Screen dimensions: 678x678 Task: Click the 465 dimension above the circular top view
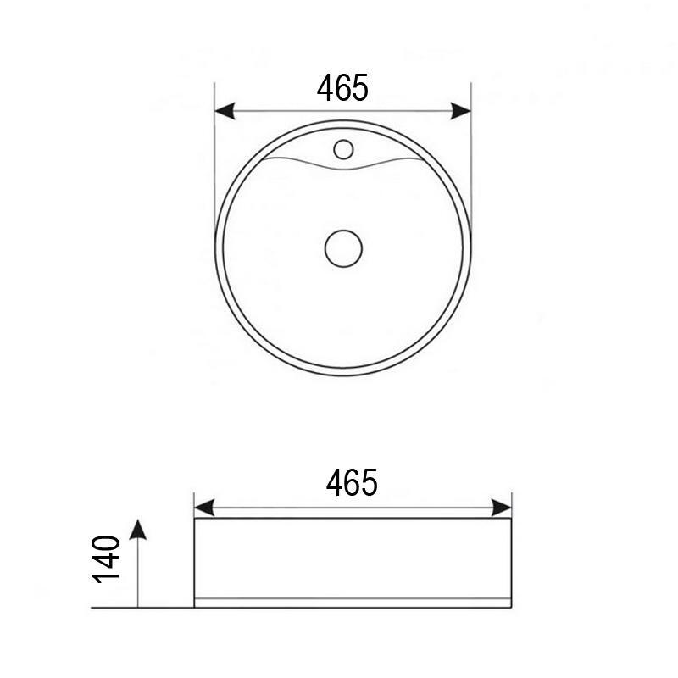pyautogui.click(x=342, y=87)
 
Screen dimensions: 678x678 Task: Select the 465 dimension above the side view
pyautogui.click(x=352, y=483)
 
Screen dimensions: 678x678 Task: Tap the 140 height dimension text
pyautogui.click(x=107, y=559)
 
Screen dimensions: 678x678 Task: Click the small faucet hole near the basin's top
pyautogui.click(x=343, y=150)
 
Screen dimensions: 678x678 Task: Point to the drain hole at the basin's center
pyautogui.click(x=343, y=247)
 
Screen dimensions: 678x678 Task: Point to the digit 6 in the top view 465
pyautogui.click(x=343, y=87)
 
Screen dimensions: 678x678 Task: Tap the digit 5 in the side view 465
pyautogui.click(x=369, y=483)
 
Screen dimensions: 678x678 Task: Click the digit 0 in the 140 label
pyautogui.click(x=107, y=542)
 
